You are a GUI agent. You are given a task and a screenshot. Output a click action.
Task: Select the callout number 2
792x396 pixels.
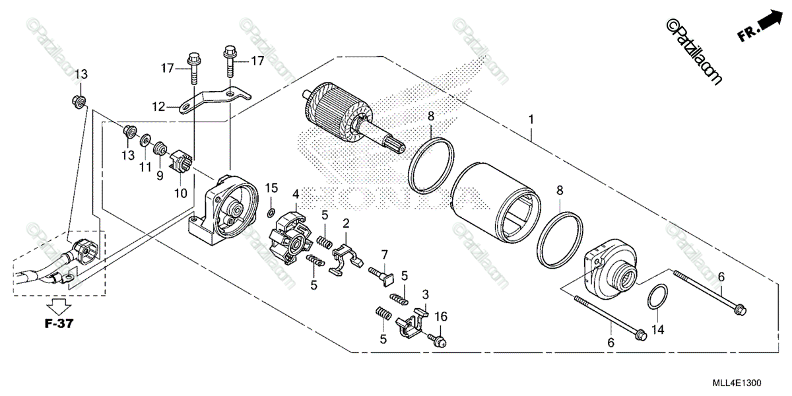pos(346,225)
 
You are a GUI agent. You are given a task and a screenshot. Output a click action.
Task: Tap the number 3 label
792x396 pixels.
pos(426,294)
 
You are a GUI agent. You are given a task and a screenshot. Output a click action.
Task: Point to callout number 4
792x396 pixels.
pos(296,194)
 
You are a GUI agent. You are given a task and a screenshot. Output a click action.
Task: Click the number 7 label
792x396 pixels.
pos(385,254)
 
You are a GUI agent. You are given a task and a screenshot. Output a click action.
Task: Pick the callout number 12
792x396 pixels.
pos(158,106)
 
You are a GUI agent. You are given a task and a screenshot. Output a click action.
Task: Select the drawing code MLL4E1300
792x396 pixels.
pos(739,383)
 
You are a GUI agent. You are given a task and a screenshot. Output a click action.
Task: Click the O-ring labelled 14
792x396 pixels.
pos(655,298)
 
